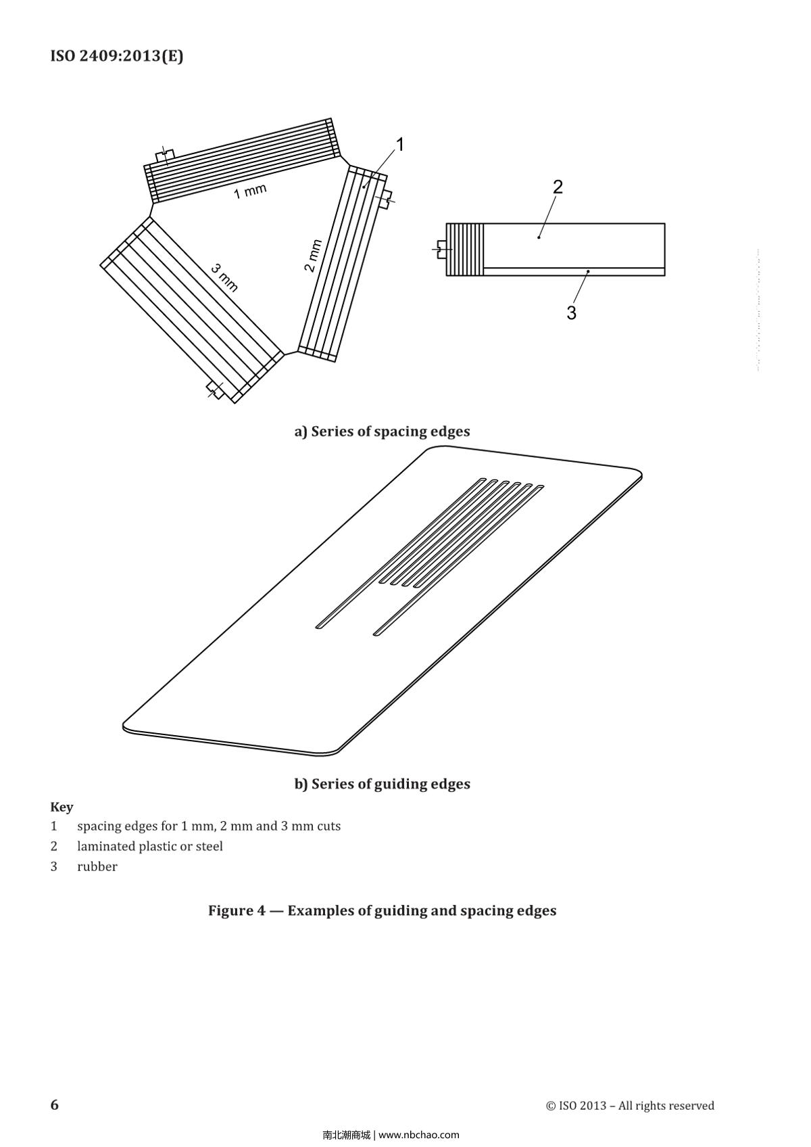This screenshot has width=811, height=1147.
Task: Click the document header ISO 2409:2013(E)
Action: click(116, 56)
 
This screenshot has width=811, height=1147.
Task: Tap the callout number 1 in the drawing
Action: click(399, 145)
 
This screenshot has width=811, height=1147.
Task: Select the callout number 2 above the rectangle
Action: click(558, 187)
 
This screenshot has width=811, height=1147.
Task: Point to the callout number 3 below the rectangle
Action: click(571, 313)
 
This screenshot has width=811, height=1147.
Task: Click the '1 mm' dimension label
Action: click(250, 191)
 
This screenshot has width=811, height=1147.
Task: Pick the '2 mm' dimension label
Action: click(312, 256)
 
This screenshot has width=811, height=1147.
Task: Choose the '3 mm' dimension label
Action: click(224, 277)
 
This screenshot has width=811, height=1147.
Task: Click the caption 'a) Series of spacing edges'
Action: click(382, 431)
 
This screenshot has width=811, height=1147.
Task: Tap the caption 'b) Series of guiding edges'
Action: click(382, 784)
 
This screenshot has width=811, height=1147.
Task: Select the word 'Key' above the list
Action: click(62, 807)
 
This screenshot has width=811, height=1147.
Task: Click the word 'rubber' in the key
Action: click(97, 866)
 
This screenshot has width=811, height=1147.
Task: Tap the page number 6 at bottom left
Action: click(55, 1104)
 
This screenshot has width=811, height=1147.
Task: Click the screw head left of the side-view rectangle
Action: click(441, 250)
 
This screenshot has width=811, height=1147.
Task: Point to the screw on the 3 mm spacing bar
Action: click(216, 390)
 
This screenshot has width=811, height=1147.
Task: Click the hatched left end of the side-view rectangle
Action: click(465, 250)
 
